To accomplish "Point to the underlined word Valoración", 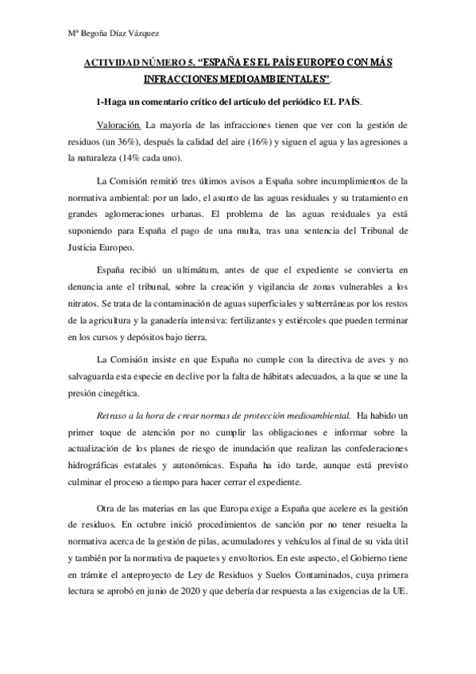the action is (x=118, y=126).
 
